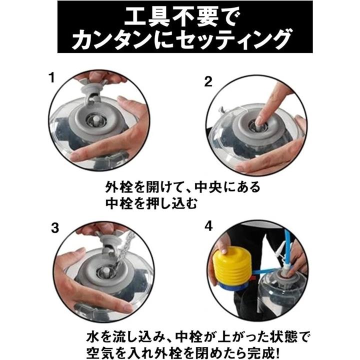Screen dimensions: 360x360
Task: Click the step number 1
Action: [x=52, y=77]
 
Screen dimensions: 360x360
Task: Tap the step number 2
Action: [x=208, y=82]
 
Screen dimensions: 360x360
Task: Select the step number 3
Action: [x=55, y=228]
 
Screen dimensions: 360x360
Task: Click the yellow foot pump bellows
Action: [x=232, y=264]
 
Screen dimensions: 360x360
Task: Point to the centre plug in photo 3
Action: [x=106, y=271]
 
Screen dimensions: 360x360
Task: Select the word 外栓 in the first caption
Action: [x=118, y=187]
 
